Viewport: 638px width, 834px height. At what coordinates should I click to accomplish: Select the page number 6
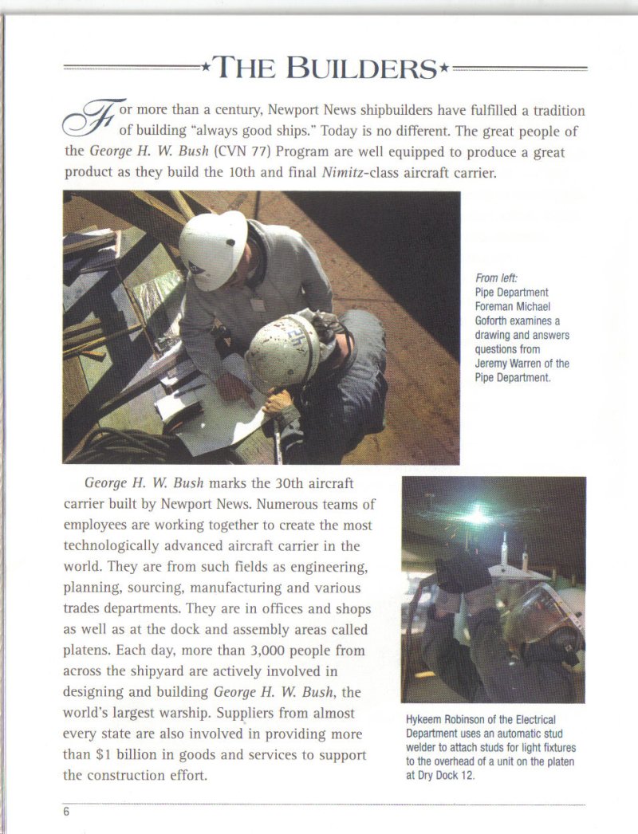[x=67, y=812]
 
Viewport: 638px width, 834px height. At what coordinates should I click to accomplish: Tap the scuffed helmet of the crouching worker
[x=282, y=352]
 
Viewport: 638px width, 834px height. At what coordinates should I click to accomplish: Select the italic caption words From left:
[x=496, y=278]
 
